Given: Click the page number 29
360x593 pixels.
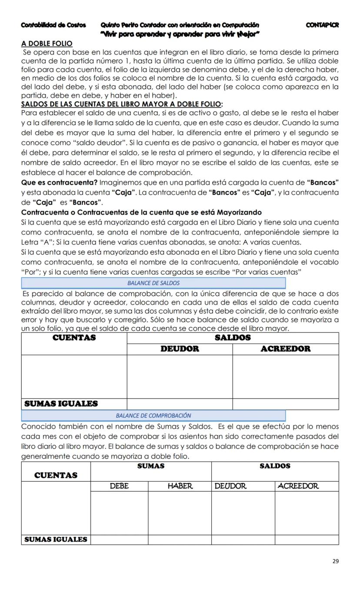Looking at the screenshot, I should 335,561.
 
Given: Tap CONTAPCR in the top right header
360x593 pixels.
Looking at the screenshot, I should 322,25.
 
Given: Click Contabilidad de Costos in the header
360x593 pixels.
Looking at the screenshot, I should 53,25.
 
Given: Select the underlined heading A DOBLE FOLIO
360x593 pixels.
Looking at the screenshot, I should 47,44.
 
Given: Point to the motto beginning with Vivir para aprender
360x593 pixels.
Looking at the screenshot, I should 180,34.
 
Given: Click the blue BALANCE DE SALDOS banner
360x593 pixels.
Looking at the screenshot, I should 153,283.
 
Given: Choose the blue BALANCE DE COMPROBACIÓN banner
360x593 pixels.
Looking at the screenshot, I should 153,415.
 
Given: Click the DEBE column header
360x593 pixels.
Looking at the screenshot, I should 119,486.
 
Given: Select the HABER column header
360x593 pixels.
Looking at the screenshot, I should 180,486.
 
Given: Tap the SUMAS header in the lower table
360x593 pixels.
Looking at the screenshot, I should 151,466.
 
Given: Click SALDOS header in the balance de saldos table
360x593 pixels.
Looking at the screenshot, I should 233,338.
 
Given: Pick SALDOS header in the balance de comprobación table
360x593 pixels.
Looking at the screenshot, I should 275,466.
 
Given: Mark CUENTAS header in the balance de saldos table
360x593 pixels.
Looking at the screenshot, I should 74,338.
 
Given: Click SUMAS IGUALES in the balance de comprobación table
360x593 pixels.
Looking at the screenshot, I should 56,539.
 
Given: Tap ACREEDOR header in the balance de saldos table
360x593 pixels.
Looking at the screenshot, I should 285,349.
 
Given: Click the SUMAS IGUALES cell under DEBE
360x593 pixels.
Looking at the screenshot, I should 119,540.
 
